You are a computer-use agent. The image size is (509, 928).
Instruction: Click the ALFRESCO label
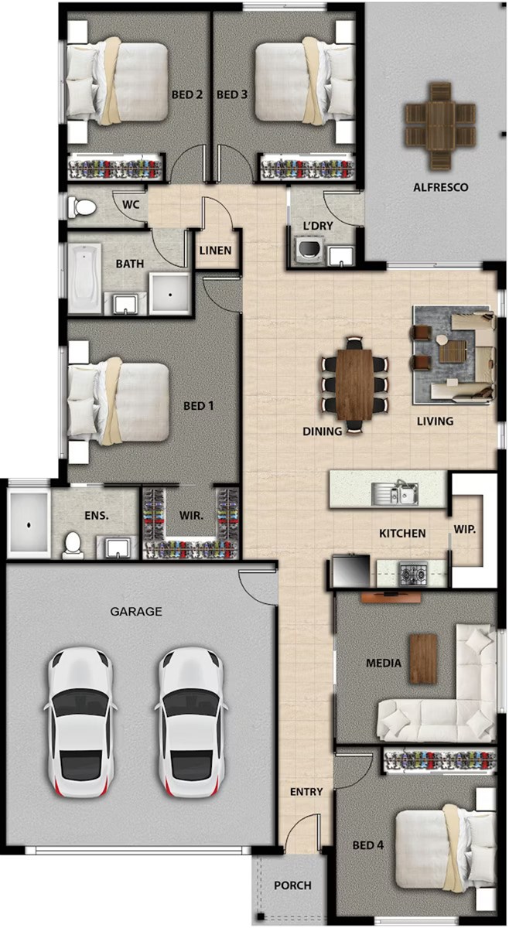pos(441,187)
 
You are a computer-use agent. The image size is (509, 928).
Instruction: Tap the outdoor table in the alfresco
pos(440,126)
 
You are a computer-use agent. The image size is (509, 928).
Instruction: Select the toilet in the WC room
pos(82,206)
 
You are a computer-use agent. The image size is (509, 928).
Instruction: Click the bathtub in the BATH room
pos(84,278)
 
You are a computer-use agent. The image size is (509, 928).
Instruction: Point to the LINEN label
pos(215,251)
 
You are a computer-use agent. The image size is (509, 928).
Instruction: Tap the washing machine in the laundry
pos(309,250)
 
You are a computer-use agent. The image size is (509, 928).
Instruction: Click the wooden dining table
pos(354,384)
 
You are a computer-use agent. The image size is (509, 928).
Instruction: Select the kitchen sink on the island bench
pos(395,493)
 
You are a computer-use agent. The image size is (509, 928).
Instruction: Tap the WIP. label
pos(464,530)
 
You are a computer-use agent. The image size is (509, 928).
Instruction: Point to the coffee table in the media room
pos(423,658)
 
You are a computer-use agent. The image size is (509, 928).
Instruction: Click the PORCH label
pos(292,885)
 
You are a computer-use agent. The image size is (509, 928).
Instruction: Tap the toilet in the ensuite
pos(73,544)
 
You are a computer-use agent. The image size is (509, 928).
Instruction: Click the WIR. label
pos(191,516)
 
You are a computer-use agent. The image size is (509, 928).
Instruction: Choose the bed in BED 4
pos(446,846)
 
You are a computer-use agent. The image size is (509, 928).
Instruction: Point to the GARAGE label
pos(136,611)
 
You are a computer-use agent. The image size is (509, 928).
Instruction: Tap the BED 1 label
pos(199,405)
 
